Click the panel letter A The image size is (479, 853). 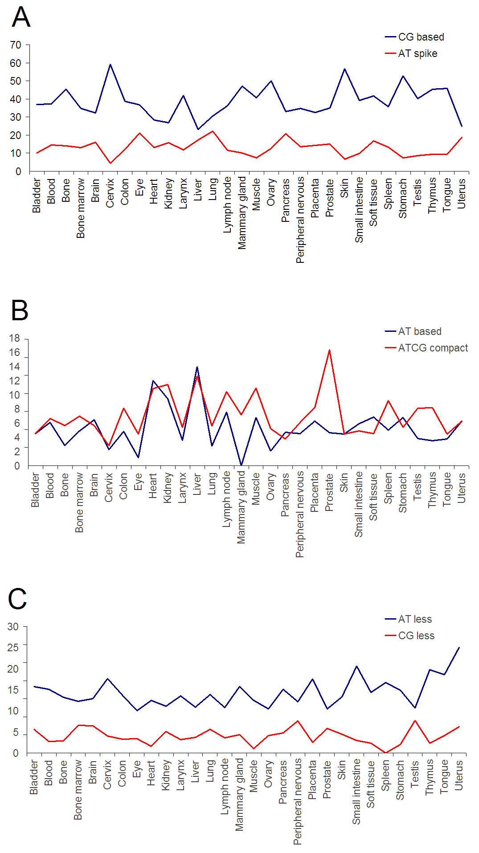click(x=21, y=17)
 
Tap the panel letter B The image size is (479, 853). click(x=20, y=310)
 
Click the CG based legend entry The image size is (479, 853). click(x=414, y=37)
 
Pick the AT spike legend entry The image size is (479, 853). click(x=411, y=53)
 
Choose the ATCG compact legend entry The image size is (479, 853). click(x=426, y=348)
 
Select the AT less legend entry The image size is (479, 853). click(x=408, y=619)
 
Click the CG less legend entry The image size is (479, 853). click(x=409, y=636)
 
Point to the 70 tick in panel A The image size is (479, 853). click(x=16, y=45)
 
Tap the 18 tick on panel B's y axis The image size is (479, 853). click(x=15, y=339)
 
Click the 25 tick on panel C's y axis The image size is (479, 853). click(x=13, y=647)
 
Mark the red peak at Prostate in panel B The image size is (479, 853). click(x=329, y=350)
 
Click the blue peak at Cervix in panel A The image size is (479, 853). click(x=110, y=65)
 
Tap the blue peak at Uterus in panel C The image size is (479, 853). click(x=459, y=648)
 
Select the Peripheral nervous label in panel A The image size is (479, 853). click(x=300, y=220)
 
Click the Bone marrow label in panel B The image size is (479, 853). click(x=79, y=502)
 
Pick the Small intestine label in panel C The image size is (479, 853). click(x=356, y=792)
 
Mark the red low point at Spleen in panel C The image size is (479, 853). click(x=385, y=753)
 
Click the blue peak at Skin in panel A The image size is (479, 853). click(x=344, y=69)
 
